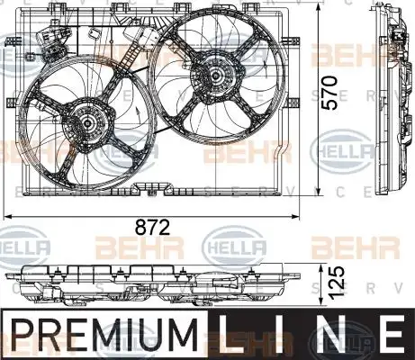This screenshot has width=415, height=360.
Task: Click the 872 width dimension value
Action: (152, 227)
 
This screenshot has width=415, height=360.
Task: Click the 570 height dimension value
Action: (329, 93)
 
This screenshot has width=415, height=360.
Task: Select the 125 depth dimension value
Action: (334, 282)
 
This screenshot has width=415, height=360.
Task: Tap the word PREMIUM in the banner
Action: (104, 335)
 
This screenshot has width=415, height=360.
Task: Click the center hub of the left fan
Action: (87, 122)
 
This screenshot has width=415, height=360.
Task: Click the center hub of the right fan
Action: (215, 75)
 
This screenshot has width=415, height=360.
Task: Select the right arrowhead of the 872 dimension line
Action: (296, 216)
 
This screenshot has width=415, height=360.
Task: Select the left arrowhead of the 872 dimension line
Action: (7, 216)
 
